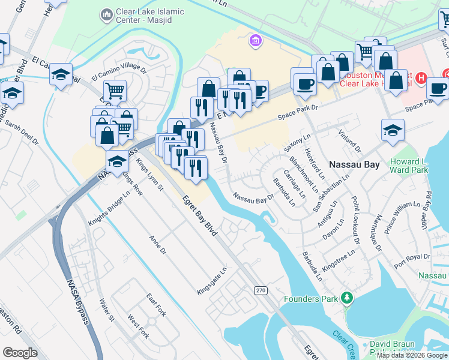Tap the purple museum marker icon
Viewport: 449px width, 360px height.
coord(255,41)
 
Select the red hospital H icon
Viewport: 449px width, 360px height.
coord(421,78)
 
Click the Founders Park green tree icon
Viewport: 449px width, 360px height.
coord(346,298)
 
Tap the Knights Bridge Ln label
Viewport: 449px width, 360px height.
coord(109,208)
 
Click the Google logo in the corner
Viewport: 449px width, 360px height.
coord(20,353)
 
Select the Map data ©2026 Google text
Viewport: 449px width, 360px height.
coord(412,355)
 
